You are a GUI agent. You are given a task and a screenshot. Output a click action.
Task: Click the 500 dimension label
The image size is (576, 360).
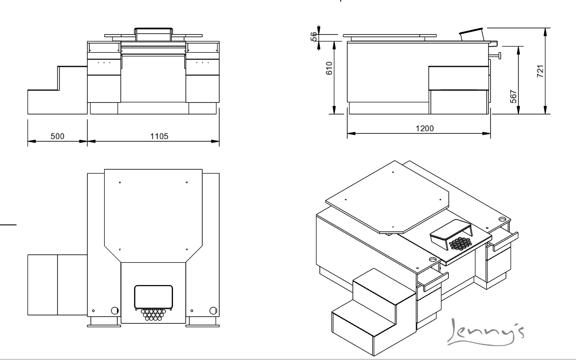58,136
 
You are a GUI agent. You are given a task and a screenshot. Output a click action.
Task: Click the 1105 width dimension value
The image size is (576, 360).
159,136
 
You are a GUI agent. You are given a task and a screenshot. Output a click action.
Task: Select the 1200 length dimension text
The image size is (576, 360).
424,128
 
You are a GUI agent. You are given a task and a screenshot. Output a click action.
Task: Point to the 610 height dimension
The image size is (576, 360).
329,68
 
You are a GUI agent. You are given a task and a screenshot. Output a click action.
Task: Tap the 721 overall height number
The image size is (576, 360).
540,71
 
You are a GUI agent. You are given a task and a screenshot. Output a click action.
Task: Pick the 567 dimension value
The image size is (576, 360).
513,96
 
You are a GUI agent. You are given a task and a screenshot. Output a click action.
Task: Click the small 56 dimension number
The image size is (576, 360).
314,36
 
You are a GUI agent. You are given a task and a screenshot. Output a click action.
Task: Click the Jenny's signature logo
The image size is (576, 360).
485,332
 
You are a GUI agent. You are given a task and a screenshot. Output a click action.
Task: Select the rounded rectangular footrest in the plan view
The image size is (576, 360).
153,297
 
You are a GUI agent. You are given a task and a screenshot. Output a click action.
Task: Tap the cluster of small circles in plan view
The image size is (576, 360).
153,315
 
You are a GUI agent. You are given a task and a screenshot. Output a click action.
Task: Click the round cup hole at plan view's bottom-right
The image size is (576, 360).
213,311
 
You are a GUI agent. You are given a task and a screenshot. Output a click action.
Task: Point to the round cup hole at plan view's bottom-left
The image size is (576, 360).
115,311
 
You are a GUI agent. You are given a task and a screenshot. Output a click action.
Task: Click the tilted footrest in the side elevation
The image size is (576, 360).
471,34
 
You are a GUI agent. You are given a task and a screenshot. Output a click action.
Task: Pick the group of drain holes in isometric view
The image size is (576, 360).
460,243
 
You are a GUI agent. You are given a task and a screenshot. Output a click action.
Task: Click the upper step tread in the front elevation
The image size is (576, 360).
72,67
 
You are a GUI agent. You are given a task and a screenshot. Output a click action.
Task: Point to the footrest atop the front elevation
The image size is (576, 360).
153,34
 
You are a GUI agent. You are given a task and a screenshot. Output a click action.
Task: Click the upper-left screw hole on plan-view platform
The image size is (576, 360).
120,182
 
